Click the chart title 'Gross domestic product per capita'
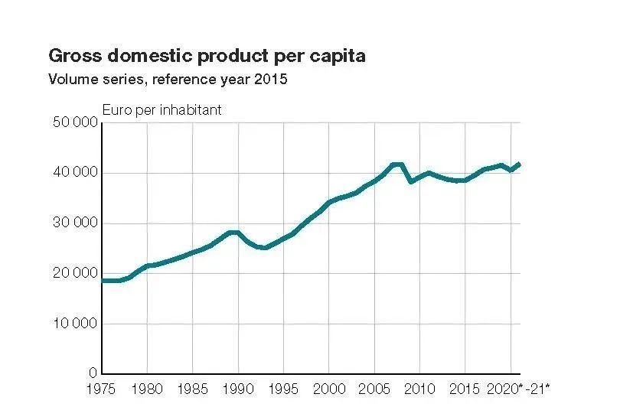[207, 56]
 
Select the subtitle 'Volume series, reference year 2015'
[168, 79]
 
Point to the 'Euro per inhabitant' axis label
[162, 110]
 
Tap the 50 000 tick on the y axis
[74, 123]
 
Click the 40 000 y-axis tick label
[74, 173]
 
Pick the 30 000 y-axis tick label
[74, 223]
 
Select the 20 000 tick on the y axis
[74, 273]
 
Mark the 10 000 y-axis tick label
[74, 324]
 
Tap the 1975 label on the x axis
[101, 389]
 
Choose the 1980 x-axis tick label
[147, 389]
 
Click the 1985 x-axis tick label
[192, 389]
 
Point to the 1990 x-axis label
[238, 389]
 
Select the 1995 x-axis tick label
[284, 389]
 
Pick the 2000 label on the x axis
[329, 389]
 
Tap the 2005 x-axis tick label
[375, 389]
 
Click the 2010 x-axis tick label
[420, 389]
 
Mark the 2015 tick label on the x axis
[465, 389]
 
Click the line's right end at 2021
[520, 164]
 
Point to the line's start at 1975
[102, 281]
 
